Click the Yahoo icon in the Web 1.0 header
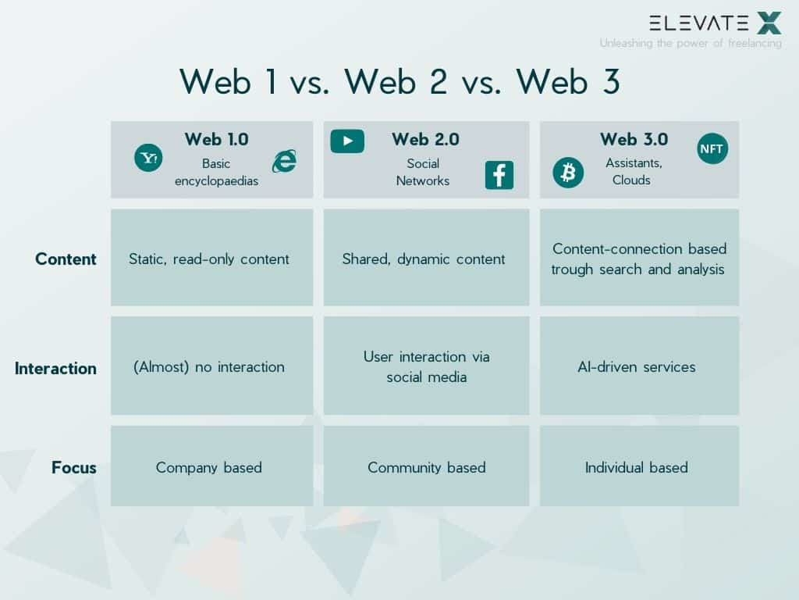(x=148, y=158)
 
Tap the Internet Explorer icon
(x=284, y=161)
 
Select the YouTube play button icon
(x=347, y=141)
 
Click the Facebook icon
(x=499, y=175)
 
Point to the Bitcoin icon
(x=568, y=173)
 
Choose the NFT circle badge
(x=712, y=148)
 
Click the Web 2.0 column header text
(x=425, y=139)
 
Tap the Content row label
(x=66, y=259)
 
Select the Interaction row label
(x=55, y=368)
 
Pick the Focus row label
(x=74, y=468)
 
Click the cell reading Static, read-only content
(x=209, y=259)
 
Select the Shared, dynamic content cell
(x=424, y=259)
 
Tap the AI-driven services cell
(x=637, y=366)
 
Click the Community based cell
(x=427, y=467)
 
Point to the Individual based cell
(x=637, y=467)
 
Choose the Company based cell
(x=209, y=467)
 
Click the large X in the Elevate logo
(x=769, y=23)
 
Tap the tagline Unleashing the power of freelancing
(x=691, y=43)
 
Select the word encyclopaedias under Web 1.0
(x=216, y=180)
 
